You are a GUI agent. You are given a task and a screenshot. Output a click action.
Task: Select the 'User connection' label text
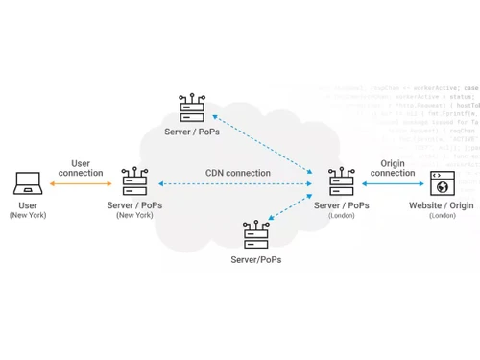(81, 167)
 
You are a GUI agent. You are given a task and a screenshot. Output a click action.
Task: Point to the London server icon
(341, 181)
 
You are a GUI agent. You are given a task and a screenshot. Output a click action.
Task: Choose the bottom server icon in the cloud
(256, 233)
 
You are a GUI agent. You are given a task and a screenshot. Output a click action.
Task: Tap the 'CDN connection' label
(237, 173)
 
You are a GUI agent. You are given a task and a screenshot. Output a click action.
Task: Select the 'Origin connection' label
(392, 167)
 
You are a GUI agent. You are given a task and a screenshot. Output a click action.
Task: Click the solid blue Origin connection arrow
(392, 182)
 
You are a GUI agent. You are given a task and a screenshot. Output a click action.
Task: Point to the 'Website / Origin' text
(443, 205)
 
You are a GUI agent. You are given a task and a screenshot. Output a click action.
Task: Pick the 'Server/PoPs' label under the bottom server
(256, 259)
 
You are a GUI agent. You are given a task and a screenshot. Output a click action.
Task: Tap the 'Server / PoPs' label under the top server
(191, 131)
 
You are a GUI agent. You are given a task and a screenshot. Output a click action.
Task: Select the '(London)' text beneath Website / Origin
(443, 216)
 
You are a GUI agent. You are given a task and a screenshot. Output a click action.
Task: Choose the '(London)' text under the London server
(341, 216)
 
